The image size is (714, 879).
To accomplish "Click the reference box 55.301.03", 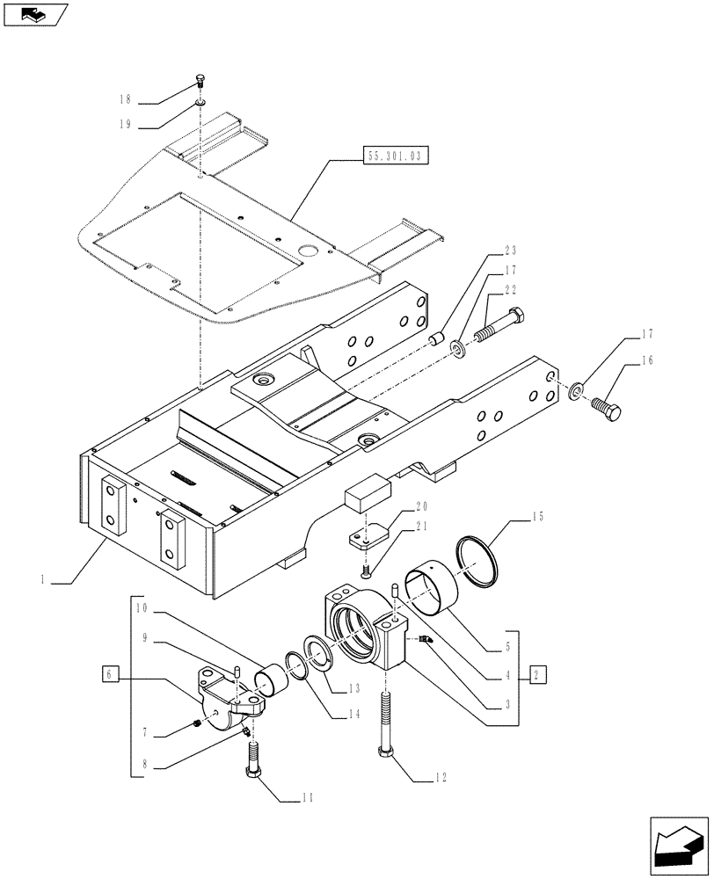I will (x=392, y=157).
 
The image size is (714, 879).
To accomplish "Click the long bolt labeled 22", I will (x=499, y=326).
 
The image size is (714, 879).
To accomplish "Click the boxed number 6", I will (x=110, y=674).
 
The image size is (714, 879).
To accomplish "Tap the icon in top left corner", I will (x=34, y=14).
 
